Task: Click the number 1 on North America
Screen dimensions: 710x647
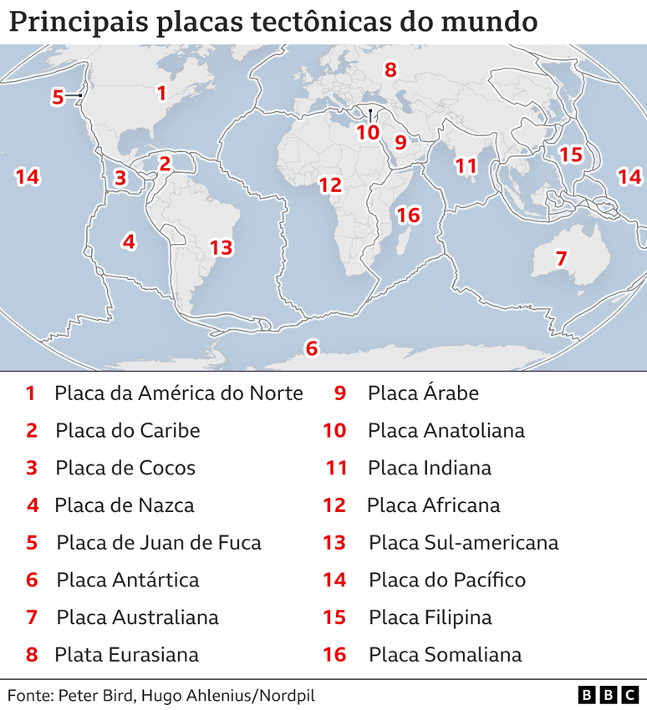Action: [161, 93]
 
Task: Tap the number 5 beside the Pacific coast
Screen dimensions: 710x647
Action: [58, 97]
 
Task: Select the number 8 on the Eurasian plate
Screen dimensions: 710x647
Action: [390, 70]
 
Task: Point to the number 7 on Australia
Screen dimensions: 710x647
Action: [561, 259]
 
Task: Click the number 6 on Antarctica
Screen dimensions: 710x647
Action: [312, 347]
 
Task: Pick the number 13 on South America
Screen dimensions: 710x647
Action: [221, 247]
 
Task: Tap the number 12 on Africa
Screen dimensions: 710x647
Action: [330, 185]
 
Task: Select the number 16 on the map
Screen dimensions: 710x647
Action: [407, 216]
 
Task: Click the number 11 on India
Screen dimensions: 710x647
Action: [466, 165]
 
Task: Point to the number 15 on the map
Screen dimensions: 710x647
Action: [570, 155]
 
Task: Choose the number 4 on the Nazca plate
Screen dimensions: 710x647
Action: [128, 241]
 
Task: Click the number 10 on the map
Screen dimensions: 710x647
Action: [368, 132]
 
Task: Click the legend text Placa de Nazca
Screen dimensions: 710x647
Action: [125, 505]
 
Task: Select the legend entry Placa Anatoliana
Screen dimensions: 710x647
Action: [446, 430]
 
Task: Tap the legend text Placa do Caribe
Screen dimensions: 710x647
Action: [128, 430]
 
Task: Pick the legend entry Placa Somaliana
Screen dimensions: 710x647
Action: [445, 655]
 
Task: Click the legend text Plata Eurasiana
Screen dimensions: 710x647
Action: [127, 655]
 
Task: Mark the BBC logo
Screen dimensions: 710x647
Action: [608, 695]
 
